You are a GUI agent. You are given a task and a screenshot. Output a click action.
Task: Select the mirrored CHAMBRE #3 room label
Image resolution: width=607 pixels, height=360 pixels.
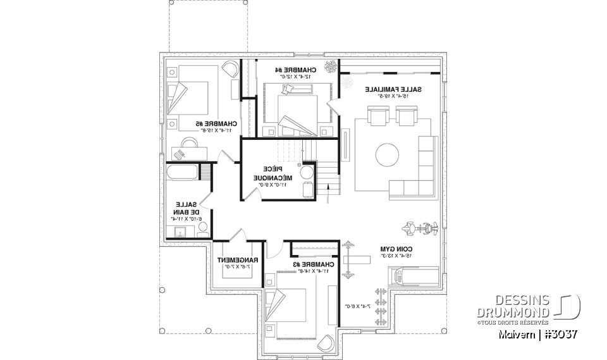(306, 264)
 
